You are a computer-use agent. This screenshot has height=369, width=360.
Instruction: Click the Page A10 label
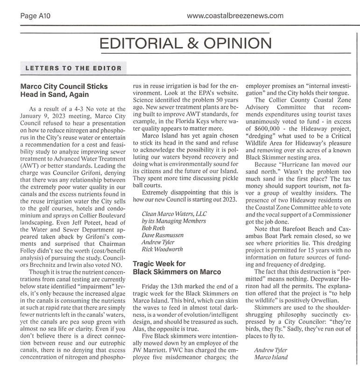click(x=35, y=16)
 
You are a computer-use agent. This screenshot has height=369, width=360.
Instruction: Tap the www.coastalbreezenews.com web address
click(x=235, y=16)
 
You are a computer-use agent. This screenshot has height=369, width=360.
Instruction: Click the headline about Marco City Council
click(x=64, y=90)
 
